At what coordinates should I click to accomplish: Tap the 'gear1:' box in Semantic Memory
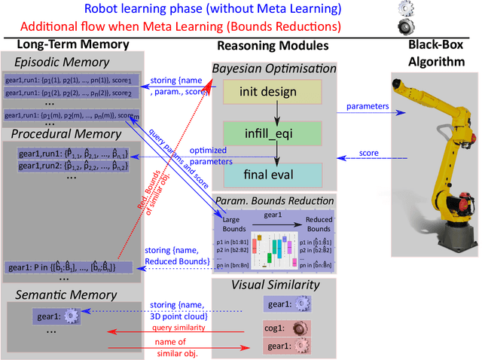tap(56, 317)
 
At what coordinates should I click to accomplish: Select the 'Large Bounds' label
tap(231, 223)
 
